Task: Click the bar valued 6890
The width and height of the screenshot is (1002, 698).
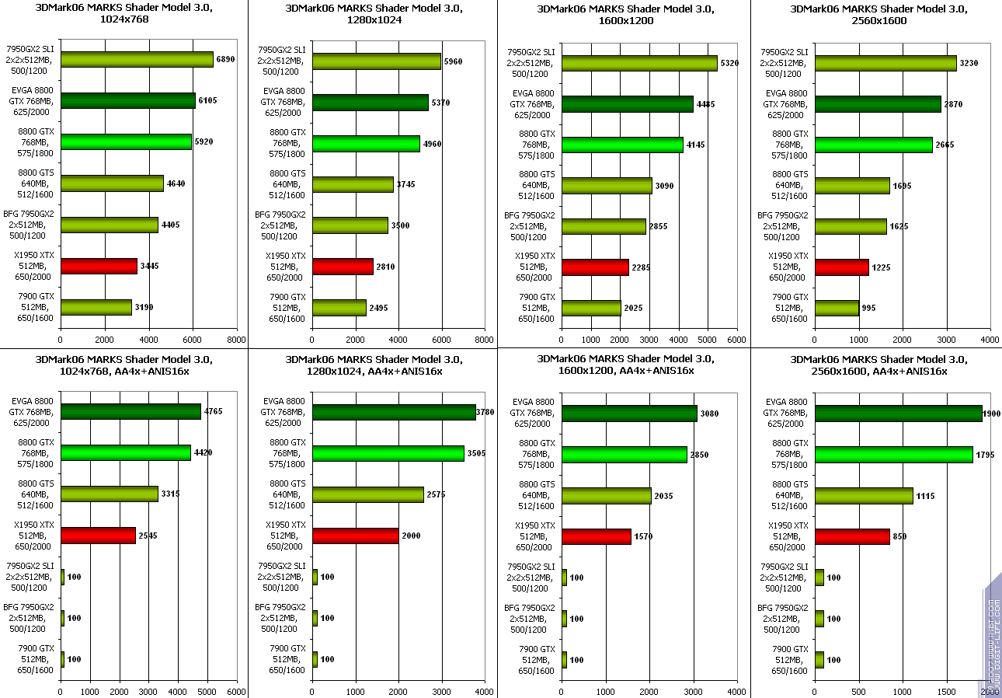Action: (x=137, y=60)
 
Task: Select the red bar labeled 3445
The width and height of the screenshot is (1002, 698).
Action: (x=99, y=266)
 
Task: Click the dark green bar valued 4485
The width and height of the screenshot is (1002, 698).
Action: (x=627, y=104)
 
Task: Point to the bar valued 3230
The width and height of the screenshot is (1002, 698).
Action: (x=885, y=63)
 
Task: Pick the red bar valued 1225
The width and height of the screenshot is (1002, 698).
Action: (x=841, y=267)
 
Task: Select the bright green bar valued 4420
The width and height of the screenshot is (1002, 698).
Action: (x=126, y=452)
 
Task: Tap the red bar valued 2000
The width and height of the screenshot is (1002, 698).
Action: (x=356, y=536)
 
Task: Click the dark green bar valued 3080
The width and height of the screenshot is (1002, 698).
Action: (x=629, y=414)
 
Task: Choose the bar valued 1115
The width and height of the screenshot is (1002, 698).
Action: (x=864, y=496)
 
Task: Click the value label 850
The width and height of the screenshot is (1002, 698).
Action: (x=899, y=536)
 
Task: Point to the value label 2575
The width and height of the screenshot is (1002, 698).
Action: (x=437, y=495)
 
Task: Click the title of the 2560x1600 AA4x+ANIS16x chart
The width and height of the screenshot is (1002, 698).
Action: (x=878, y=365)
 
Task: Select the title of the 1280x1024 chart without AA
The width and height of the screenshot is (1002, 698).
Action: (x=374, y=15)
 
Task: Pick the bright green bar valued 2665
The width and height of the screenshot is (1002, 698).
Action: (x=873, y=145)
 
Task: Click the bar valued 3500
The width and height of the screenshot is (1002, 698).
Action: (x=350, y=225)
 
